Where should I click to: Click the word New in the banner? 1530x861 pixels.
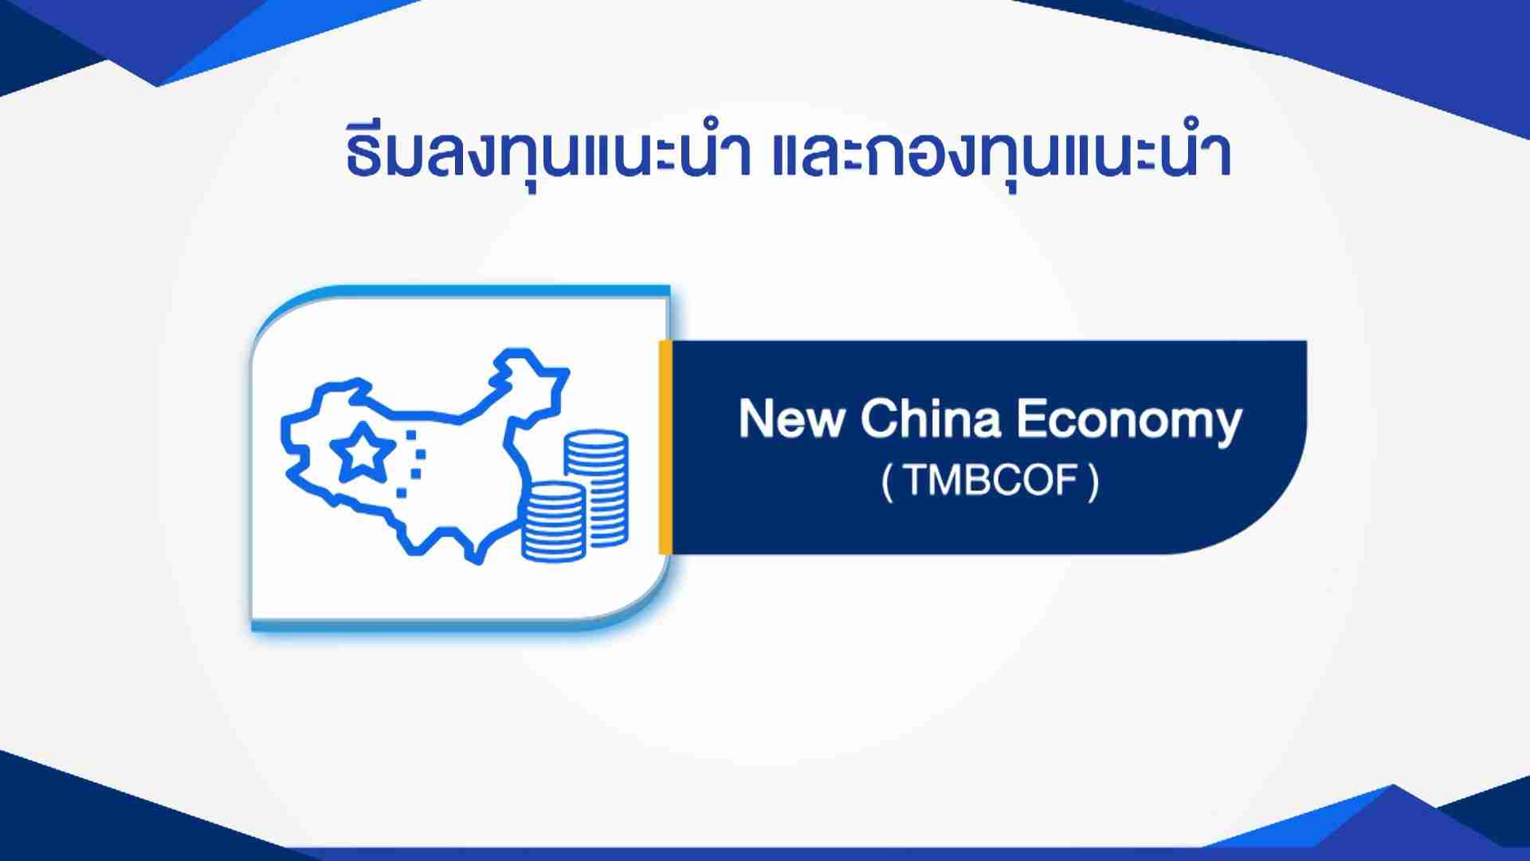[790, 419]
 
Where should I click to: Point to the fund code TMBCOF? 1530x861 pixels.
[991, 482]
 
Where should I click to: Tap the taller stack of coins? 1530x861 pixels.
[597, 487]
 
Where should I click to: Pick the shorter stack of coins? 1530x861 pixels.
[553, 521]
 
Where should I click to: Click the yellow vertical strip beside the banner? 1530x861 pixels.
[665, 447]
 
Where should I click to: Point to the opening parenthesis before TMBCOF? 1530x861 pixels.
[887, 482]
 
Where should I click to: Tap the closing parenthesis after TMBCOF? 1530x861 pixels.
[1093, 482]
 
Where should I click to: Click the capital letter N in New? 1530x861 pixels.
[755, 419]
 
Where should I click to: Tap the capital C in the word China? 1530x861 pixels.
[878, 419]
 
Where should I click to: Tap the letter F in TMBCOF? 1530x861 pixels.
[1068, 482]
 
